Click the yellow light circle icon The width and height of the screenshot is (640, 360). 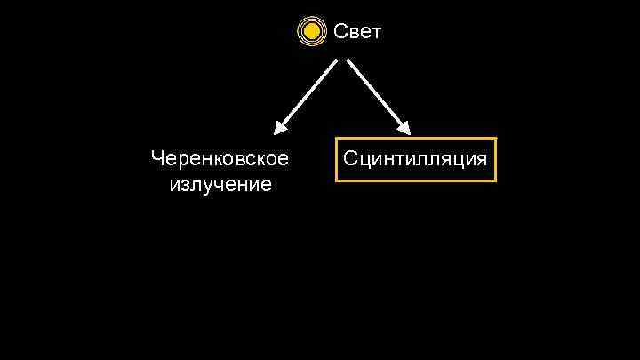(311, 32)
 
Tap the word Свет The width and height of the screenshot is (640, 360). (357, 32)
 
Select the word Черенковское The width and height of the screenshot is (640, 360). (220, 159)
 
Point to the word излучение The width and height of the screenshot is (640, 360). (220, 185)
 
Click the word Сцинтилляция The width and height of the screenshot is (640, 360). (415, 159)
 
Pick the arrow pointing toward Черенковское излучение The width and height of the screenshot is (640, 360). (305, 98)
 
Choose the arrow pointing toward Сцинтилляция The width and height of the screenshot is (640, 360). (378, 98)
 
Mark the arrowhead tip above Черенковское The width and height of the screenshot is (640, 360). (275, 134)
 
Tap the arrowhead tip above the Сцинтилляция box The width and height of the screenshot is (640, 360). (409, 134)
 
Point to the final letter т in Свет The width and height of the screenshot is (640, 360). (376, 33)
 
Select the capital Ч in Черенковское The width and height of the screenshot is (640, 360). (157, 159)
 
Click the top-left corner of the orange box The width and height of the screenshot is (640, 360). (336, 138)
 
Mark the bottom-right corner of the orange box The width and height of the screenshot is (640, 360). (495, 180)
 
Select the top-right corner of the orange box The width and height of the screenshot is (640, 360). (495, 138)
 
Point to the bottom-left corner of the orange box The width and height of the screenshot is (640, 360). (336, 180)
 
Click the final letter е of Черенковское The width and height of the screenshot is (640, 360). (283, 160)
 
